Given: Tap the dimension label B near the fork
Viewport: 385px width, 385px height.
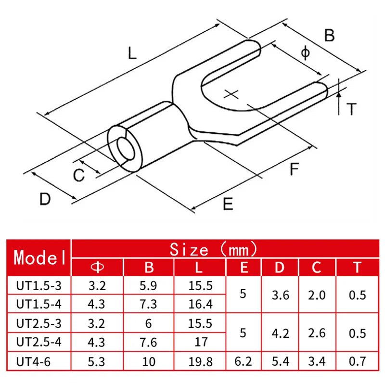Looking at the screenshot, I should [329, 35].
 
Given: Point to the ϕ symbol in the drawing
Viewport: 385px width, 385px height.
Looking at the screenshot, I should [305, 53].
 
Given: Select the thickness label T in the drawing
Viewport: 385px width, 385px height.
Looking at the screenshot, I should [352, 109].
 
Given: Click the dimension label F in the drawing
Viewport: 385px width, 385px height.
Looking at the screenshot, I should [294, 169].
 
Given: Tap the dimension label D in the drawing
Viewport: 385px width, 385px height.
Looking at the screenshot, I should [45, 199].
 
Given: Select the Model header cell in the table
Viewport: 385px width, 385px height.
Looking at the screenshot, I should [40, 257].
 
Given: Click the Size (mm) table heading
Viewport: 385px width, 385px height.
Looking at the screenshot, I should [213, 250].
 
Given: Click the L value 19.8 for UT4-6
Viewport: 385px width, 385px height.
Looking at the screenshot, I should [201, 360].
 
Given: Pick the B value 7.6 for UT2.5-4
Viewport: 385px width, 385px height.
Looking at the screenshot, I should [149, 342].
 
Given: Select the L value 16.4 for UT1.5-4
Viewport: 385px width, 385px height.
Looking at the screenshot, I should [201, 304].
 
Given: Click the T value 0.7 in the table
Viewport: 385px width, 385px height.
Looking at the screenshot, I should [357, 360].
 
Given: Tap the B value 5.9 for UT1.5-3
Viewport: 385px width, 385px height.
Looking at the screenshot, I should [149, 285].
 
